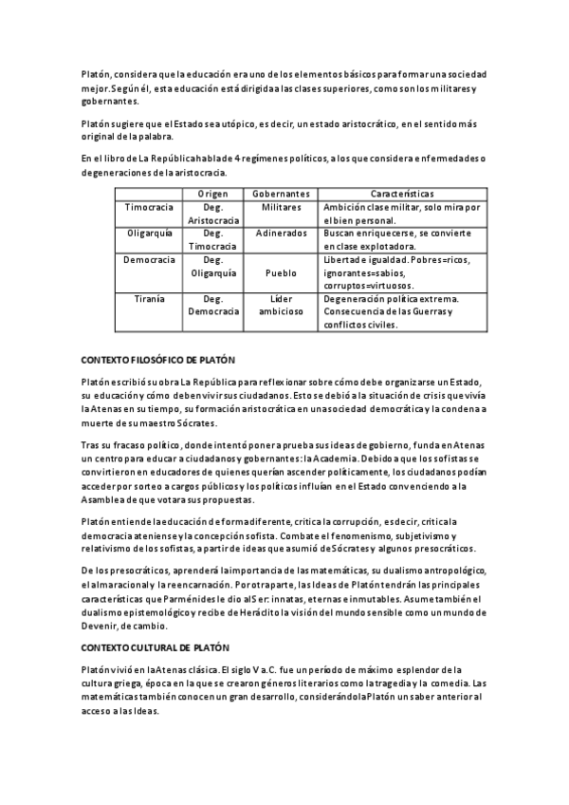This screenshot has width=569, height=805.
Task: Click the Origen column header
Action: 212,193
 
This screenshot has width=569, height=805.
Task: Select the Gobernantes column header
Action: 282,193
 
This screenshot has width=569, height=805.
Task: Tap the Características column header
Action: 402,193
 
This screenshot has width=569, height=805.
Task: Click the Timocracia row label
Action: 146,207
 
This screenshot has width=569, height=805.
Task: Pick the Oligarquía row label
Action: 146,233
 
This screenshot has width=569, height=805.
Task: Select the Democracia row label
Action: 146,259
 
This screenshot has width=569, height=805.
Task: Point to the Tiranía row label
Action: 146,298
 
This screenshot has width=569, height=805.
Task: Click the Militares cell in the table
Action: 282,207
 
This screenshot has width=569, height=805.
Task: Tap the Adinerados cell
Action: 282,233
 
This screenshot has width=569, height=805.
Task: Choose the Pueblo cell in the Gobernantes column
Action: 282,271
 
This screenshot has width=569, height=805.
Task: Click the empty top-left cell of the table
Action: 146,193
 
